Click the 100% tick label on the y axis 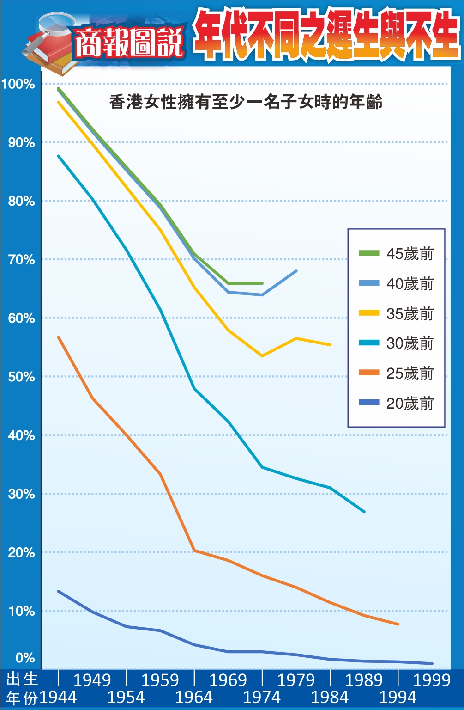pyautogui.click(x=18, y=84)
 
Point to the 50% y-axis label pyautogui.click(x=21, y=377)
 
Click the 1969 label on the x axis pyautogui.click(x=228, y=680)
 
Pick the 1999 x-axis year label pyautogui.click(x=431, y=680)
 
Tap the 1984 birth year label pyautogui.click(x=330, y=697)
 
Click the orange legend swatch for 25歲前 pyautogui.click(x=369, y=373)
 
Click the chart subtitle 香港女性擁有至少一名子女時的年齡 pyautogui.click(x=246, y=102)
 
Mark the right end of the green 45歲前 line pyautogui.click(x=262, y=283)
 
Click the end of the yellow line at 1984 pyautogui.click(x=331, y=345)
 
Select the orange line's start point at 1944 pyautogui.click(x=58, y=337)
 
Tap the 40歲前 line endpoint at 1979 pyautogui.click(x=296, y=271)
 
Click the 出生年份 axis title pyautogui.click(x=22, y=688)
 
